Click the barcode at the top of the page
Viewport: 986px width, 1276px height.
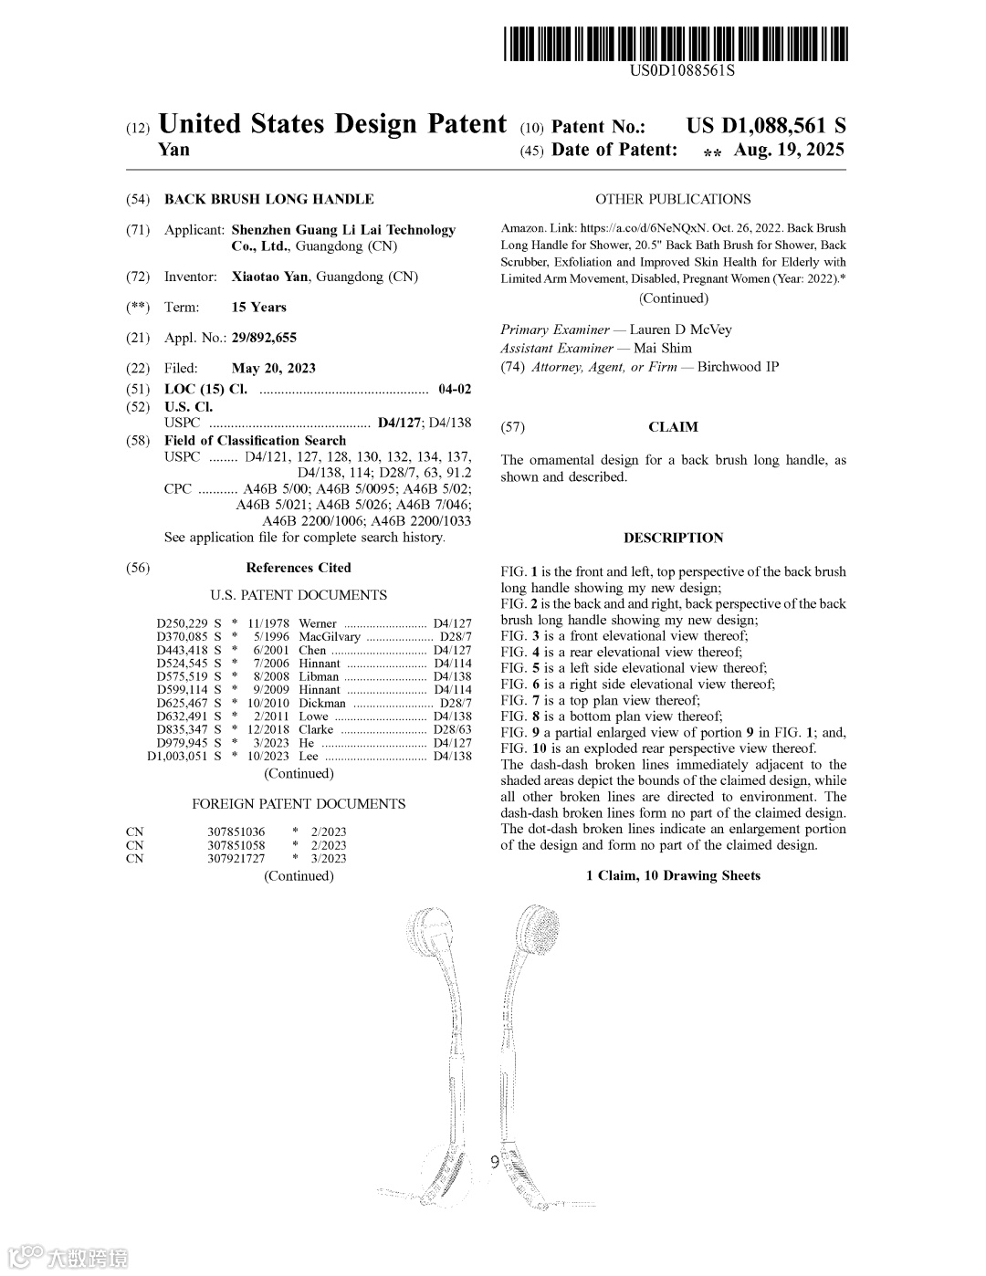click(x=675, y=43)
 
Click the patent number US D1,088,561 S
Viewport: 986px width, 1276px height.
click(x=766, y=126)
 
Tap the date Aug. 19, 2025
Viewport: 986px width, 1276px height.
click(x=789, y=150)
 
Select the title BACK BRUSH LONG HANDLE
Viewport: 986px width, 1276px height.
click(x=268, y=199)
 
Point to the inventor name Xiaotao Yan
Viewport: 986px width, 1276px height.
click(x=269, y=277)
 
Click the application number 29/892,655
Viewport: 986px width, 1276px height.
click(x=264, y=338)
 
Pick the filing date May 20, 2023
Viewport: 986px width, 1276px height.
click(x=273, y=368)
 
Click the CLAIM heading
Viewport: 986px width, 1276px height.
click(x=673, y=427)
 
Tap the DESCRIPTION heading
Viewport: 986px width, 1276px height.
click(x=673, y=538)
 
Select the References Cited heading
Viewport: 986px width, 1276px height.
click(x=298, y=568)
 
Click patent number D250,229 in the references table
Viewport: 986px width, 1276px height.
click(x=182, y=623)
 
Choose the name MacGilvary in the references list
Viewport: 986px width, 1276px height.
click(x=329, y=636)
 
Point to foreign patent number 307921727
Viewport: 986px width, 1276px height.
click(x=236, y=858)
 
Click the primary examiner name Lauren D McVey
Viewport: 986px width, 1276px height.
click(x=680, y=329)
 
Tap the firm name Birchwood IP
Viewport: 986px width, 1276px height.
click(x=738, y=367)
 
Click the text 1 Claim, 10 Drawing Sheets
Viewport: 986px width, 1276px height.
click(x=673, y=876)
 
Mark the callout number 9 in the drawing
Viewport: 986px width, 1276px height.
click(x=494, y=1162)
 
